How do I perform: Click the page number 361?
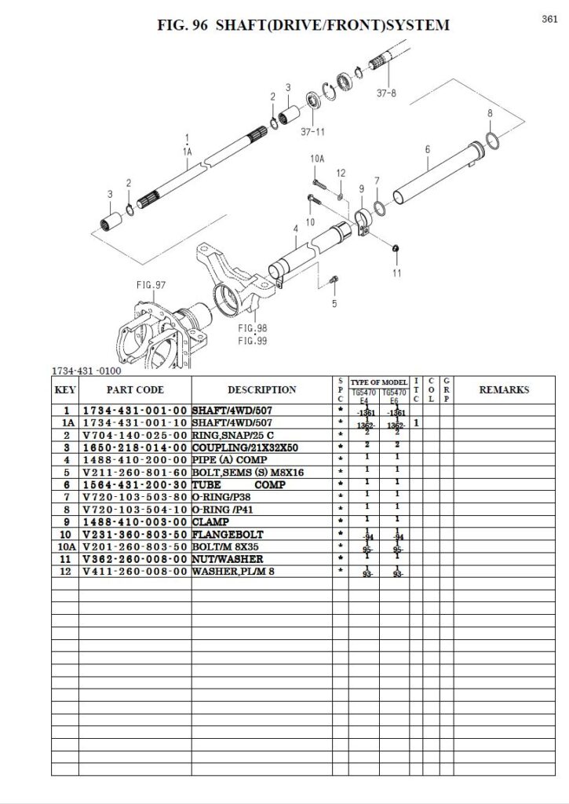click(x=549, y=20)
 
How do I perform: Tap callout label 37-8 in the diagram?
click(x=387, y=92)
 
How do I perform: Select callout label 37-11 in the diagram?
click(x=312, y=133)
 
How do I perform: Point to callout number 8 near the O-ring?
click(x=489, y=114)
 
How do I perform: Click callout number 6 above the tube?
click(x=427, y=149)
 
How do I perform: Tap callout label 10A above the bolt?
click(x=317, y=159)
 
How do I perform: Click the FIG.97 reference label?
click(x=151, y=285)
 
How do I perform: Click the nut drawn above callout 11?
click(x=396, y=249)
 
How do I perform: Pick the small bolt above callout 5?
click(x=334, y=278)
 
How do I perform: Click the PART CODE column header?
click(x=134, y=389)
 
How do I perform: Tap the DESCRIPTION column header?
click(x=261, y=389)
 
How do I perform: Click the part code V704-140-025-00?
click(x=134, y=434)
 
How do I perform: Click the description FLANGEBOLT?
click(x=224, y=534)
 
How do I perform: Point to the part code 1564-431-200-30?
click(x=134, y=484)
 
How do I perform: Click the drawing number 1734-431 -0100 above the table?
click(x=86, y=370)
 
